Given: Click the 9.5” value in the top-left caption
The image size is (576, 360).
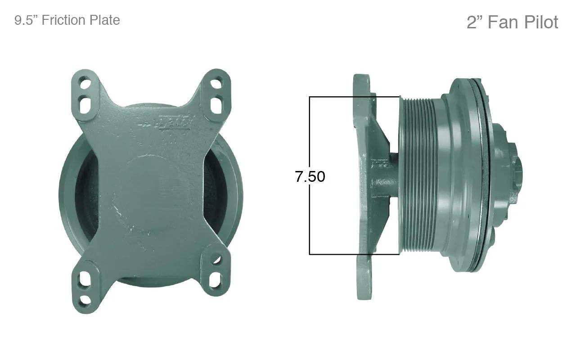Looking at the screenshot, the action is [26, 20].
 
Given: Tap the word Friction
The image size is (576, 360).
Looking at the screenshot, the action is [63, 20].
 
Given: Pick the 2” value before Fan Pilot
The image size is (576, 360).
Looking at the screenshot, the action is [476, 22].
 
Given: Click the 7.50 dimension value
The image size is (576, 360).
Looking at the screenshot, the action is [310, 177].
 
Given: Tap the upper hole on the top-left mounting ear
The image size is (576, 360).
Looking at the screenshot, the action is [85, 84].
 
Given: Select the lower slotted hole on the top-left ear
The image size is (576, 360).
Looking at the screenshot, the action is [85, 104].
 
